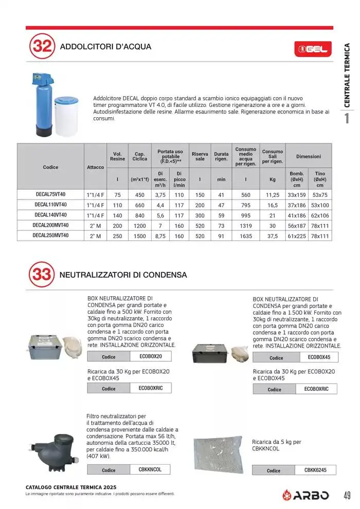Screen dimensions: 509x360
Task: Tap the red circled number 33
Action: pos(42,275)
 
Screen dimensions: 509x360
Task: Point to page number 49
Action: pos(347,496)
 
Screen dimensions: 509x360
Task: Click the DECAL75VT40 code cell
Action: pos(50,195)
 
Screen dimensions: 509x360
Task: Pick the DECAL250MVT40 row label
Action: pos(50,236)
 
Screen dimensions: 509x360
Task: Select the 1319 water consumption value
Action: pos(246,226)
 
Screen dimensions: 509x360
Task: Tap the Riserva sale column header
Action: pos(200,156)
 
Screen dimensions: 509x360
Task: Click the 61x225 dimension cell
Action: pos(297,236)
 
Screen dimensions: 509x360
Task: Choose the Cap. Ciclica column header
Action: pos(139,156)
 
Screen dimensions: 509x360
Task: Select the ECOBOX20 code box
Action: pos(151,356)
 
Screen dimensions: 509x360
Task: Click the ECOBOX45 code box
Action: pos(319,357)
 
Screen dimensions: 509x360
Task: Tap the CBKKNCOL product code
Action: pos(150,469)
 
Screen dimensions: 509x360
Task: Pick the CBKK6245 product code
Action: pos(312,470)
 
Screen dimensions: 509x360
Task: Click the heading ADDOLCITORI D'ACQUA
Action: pos(106,47)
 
